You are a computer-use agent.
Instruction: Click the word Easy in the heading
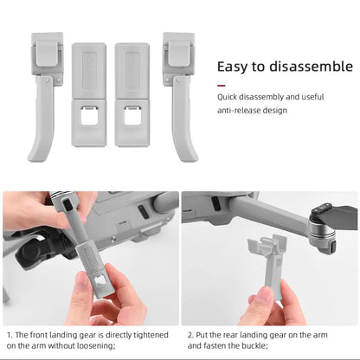(233, 67)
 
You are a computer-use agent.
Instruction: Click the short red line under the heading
(223, 87)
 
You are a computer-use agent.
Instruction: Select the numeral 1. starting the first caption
(9, 333)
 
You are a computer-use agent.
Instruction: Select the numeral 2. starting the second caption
(192, 333)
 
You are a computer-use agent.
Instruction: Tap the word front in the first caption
(40, 333)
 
